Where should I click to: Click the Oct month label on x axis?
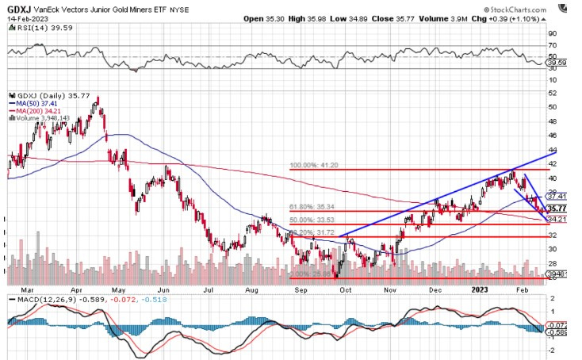point(347,290)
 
